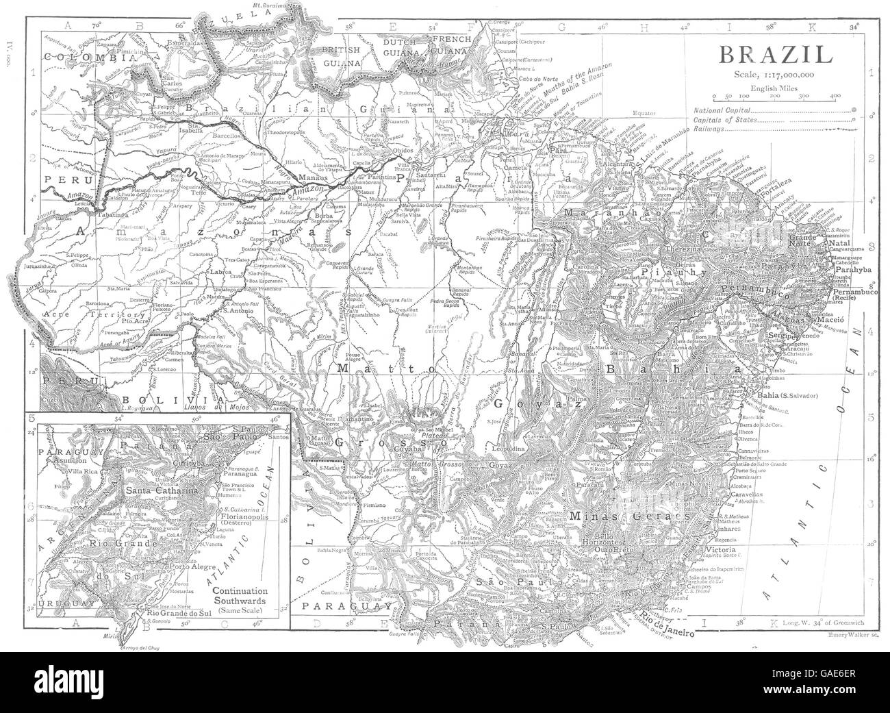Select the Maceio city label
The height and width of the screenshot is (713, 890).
[819, 320]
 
